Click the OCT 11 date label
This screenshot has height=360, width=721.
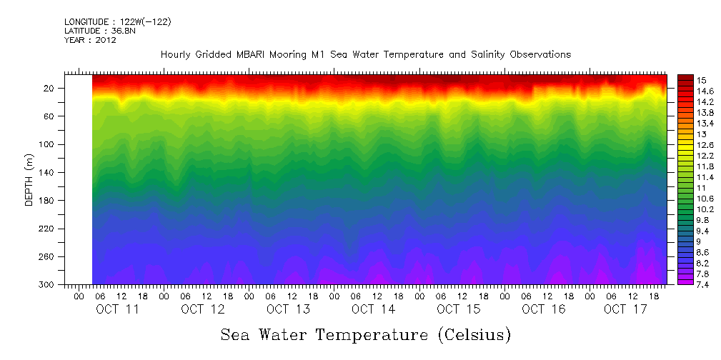(x=117, y=309)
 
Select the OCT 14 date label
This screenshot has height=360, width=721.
(x=373, y=309)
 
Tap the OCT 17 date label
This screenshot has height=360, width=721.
(x=625, y=309)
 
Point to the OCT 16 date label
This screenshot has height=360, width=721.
(x=543, y=309)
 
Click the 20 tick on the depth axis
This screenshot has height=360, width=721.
(x=49, y=89)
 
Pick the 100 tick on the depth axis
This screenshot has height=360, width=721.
(x=47, y=144)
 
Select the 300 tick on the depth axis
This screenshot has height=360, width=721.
(x=47, y=284)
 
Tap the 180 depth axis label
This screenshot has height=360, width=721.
(x=47, y=201)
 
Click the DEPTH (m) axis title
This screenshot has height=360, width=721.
(x=29, y=183)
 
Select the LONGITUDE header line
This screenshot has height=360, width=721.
(x=117, y=21)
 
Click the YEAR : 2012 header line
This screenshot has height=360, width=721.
(x=90, y=40)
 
